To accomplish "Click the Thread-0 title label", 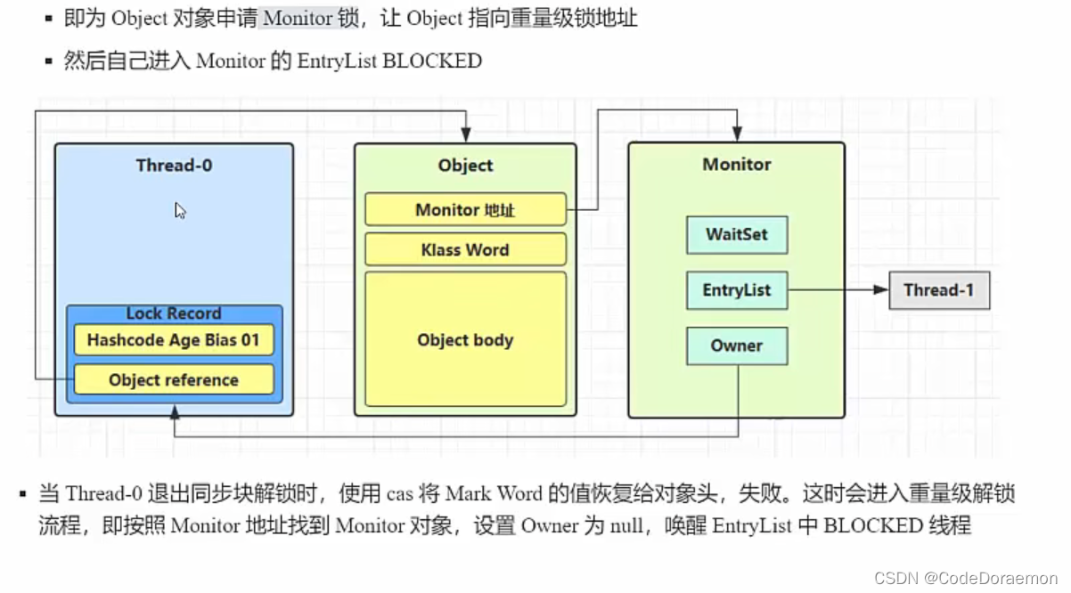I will [x=174, y=165].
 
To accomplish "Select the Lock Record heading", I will [x=174, y=313].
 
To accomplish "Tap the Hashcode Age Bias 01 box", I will [x=174, y=340].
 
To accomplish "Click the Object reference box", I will [x=174, y=380].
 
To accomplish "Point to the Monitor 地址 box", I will [x=465, y=210].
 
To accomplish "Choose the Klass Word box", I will [x=465, y=250].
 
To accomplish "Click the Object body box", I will [x=465, y=339].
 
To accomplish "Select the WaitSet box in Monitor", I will [x=737, y=235].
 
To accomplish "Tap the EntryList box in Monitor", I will [x=737, y=290].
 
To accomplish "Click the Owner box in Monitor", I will [x=737, y=345].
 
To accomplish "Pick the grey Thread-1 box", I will [x=939, y=290].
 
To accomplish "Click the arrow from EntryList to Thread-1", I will [x=838, y=290].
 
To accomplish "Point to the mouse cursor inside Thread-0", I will [x=180, y=211].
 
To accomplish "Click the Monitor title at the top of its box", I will [x=737, y=165].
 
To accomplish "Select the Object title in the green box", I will [x=465, y=166].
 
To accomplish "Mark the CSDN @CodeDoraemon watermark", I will [x=967, y=578].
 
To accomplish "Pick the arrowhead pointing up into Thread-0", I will [x=175, y=411].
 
